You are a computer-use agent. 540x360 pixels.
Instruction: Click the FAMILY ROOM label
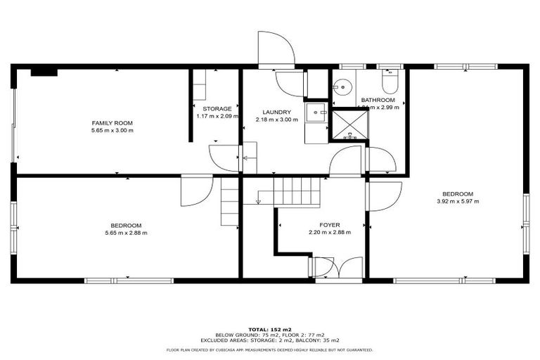coord(112,122)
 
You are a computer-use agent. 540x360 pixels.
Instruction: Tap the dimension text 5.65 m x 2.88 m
coord(126,233)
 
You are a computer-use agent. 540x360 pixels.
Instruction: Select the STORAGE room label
coord(217,109)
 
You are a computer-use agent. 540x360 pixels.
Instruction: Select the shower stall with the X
coord(349,124)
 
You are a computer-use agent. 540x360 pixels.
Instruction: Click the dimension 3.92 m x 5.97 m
coord(457,202)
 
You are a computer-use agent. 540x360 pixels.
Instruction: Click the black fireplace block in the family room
coord(44,71)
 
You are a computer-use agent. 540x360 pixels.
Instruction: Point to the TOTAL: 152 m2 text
coord(269,329)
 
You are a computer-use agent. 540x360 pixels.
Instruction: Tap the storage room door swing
coord(223,157)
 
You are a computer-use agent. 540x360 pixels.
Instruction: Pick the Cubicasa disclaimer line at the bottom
coord(269,349)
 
